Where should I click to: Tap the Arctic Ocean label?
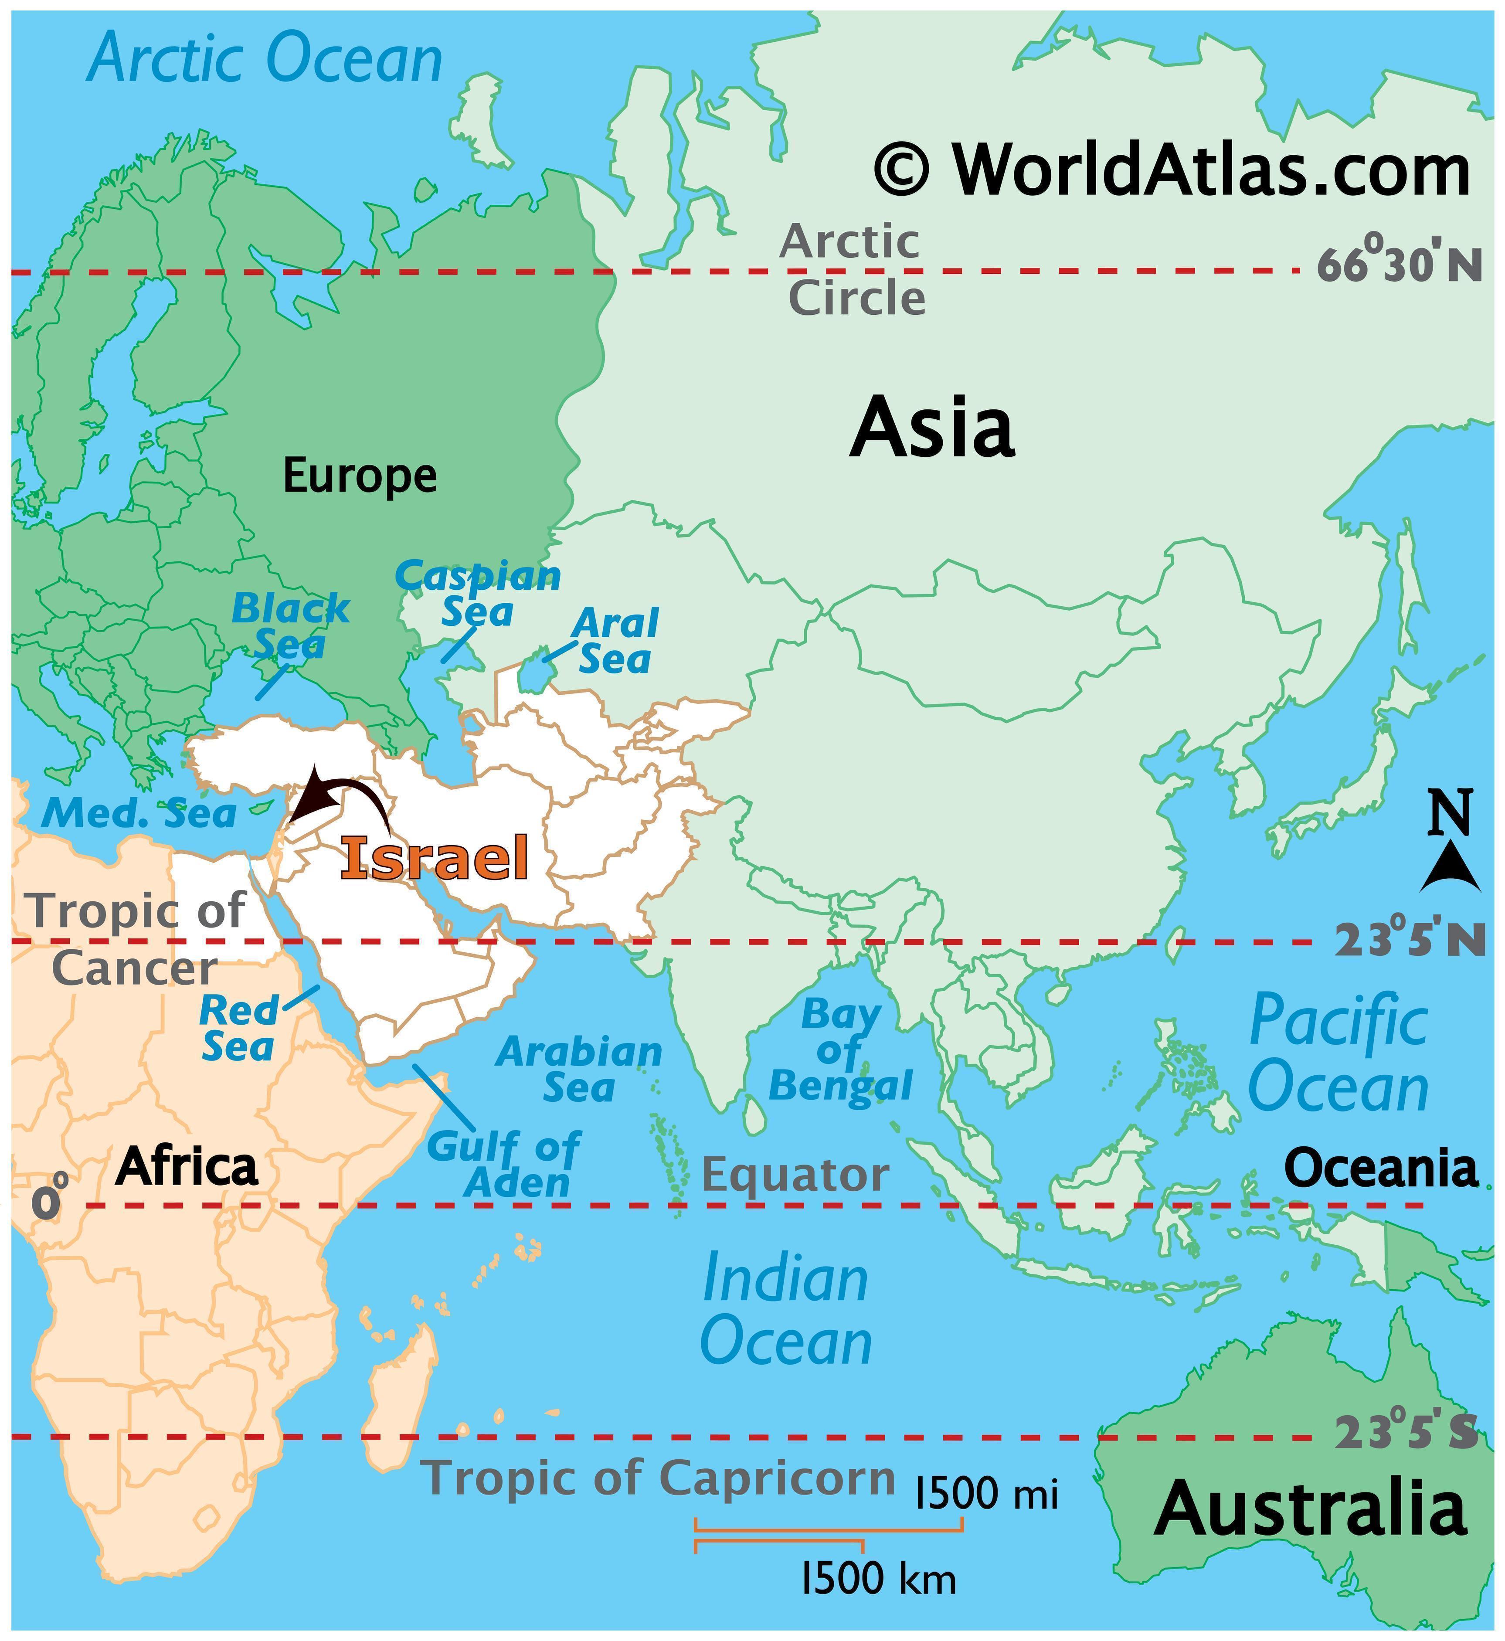coord(265,59)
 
